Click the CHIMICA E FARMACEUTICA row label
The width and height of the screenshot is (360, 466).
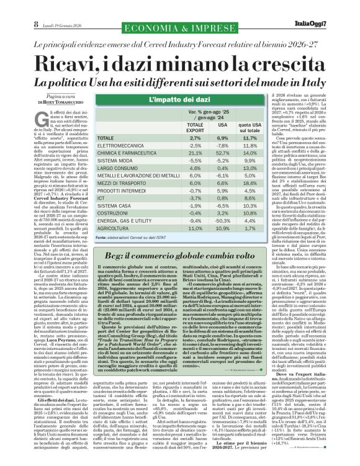click(124, 152)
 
